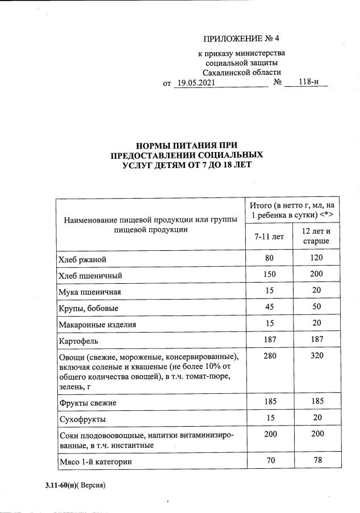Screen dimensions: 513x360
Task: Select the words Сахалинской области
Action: [x=242, y=73]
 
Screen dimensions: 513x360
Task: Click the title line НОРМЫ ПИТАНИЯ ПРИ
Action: [x=187, y=145]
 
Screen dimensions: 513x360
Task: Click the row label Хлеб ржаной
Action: [x=82, y=260]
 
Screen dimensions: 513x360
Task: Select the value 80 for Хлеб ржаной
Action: [x=269, y=258]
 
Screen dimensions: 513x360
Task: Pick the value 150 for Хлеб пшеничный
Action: [x=269, y=275]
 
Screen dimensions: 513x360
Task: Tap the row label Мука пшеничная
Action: [x=90, y=292]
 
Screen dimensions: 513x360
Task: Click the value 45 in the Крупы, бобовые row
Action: [x=269, y=307]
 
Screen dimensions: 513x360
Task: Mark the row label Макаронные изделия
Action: [x=98, y=325]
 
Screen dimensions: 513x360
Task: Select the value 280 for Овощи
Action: [x=269, y=356]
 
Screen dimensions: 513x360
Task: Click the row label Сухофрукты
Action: [x=82, y=419]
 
